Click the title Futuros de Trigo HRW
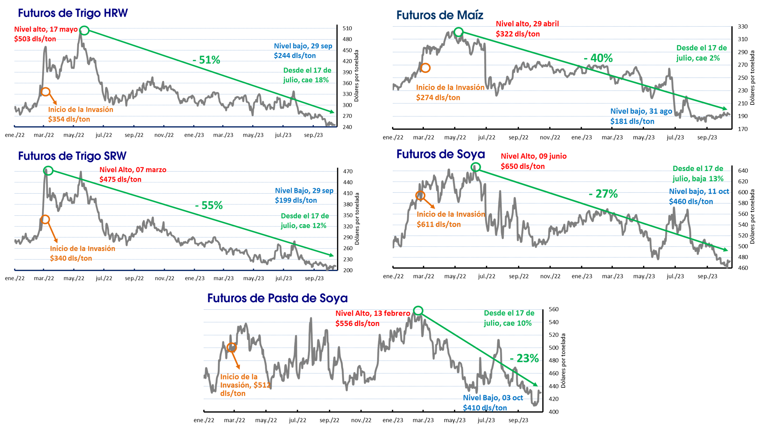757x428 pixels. tap(73, 13)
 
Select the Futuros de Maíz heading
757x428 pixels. tap(440, 15)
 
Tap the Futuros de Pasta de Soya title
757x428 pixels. tap(277, 298)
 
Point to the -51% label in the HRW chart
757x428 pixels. tap(206, 60)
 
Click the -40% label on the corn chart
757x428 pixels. tap(598, 58)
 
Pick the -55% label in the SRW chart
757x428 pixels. tap(209, 205)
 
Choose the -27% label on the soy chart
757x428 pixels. tap(603, 193)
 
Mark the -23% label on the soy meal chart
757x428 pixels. tap(524, 358)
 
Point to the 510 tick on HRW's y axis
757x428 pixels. tap(347, 28)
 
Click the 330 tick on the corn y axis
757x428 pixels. tap(742, 27)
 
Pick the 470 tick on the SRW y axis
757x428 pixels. tap(348, 171)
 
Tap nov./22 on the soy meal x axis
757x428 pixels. tap(361, 420)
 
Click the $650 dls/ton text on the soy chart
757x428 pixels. tap(523, 166)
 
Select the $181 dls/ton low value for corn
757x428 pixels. tap(632, 121)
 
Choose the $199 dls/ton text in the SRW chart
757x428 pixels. tap(296, 200)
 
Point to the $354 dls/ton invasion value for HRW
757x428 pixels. tap(69, 119)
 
